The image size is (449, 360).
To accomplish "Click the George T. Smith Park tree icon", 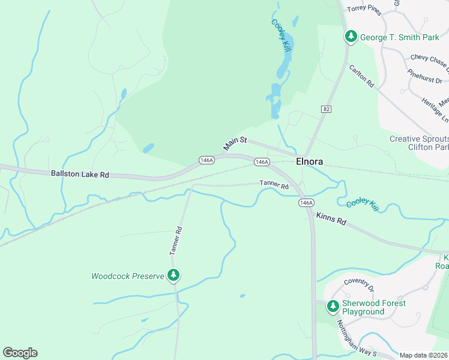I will tap(351, 37).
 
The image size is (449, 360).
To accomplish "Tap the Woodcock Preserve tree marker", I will tap(173, 276).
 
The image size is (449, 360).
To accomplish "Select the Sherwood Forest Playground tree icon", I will tap(333, 307).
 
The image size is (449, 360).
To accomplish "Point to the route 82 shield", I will tap(326, 109).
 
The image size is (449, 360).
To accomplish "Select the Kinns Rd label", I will tap(331, 219).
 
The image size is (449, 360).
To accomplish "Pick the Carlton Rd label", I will tap(361, 77).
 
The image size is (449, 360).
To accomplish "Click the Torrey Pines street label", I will tap(364, 9).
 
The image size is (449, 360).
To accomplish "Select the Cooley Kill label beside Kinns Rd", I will tap(363, 204).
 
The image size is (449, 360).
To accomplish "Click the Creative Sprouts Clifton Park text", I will tap(419, 143).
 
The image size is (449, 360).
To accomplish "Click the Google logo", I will tap(20, 353).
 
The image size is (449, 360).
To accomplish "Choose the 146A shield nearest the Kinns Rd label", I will tap(306, 203).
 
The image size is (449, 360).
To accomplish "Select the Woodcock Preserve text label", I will tap(127, 277).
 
